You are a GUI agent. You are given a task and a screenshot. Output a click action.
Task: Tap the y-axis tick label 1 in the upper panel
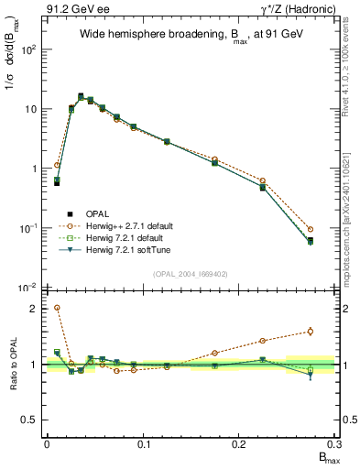click(x=34, y=169)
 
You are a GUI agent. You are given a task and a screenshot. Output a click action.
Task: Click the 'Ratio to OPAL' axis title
click(x=11, y=365)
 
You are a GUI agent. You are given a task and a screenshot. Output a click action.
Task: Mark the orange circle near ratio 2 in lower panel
click(x=57, y=308)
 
